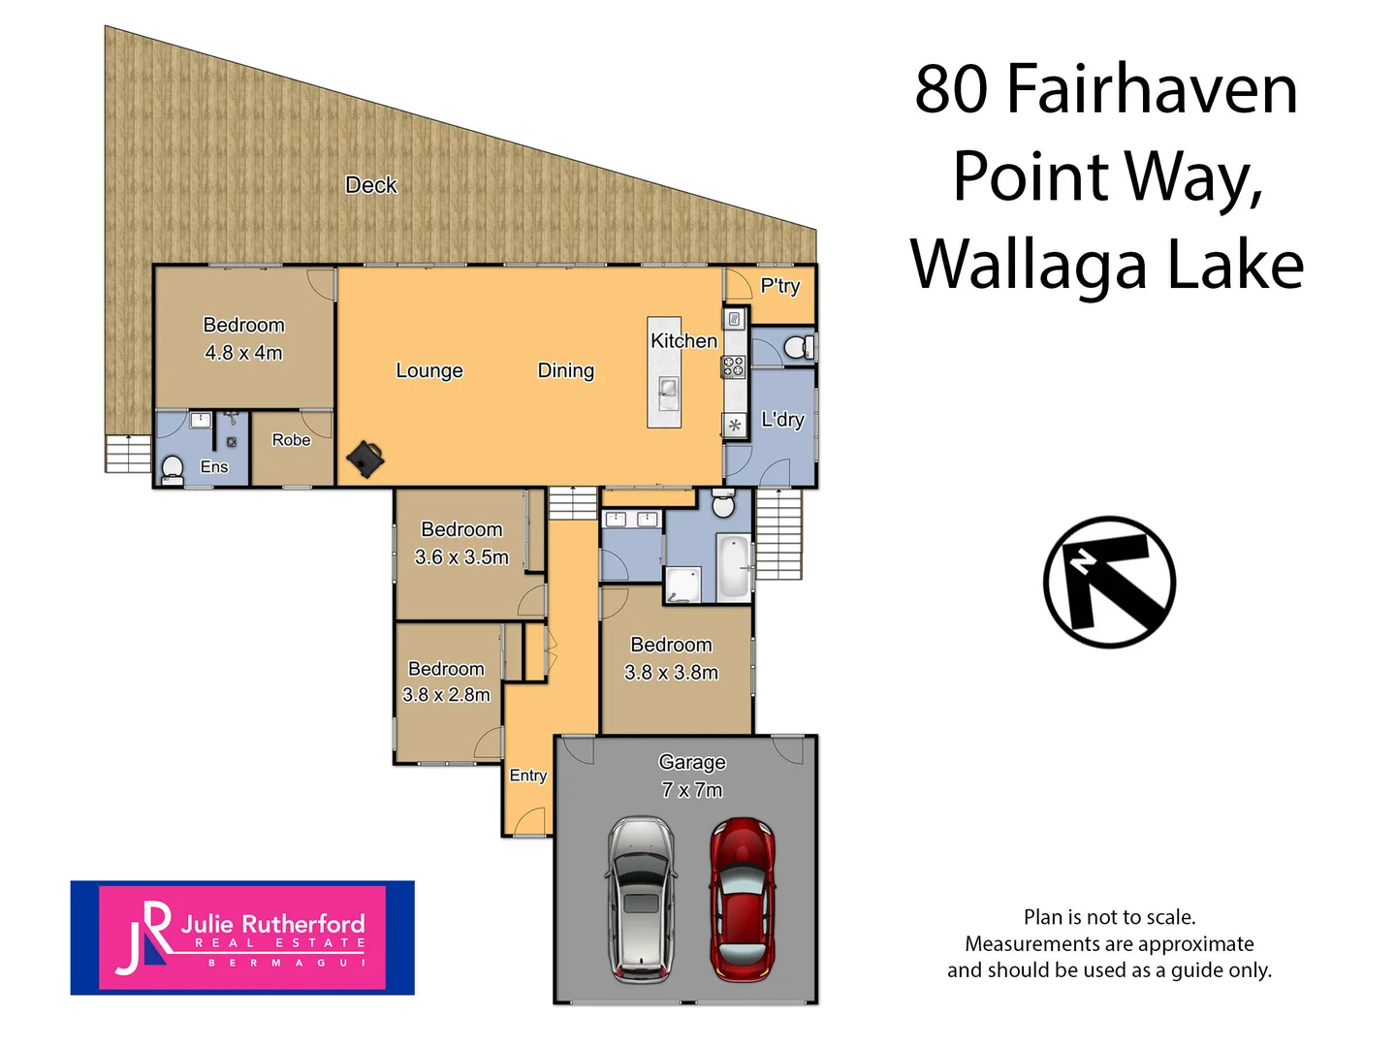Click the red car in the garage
[742, 899]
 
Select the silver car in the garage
[641, 899]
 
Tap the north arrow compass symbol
[1109, 582]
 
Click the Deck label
[371, 185]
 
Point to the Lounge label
[429, 370]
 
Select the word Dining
[566, 370]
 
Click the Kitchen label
[683, 341]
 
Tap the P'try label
[780, 286]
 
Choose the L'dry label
[782, 420]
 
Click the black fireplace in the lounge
[365, 459]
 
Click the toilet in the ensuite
[173, 468]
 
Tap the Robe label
[291, 440]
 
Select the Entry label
[528, 776]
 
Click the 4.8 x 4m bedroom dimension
[243, 353]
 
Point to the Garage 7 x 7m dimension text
[692, 790]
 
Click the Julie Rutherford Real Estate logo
[242, 937]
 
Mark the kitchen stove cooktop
[734, 366]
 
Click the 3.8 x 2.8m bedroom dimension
[446, 695]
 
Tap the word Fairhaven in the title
[1152, 89]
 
